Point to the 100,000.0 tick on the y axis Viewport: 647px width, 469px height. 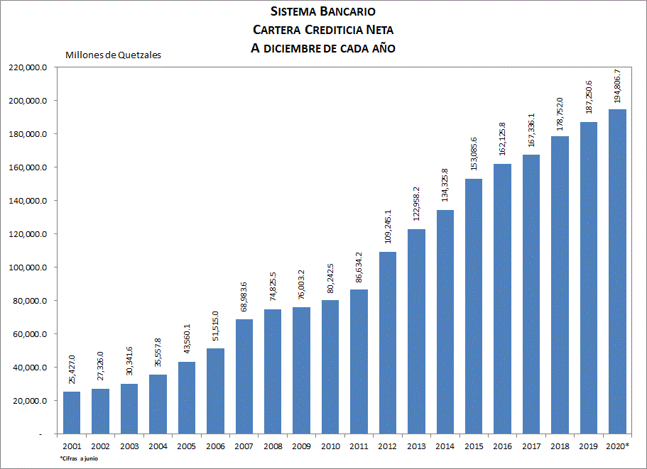[27, 267]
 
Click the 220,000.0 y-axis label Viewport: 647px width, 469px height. [27, 67]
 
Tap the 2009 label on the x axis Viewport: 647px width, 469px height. [302, 446]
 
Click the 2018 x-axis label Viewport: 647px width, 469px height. [560, 446]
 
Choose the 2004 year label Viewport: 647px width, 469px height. [158, 446]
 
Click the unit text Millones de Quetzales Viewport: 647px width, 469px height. [113, 55]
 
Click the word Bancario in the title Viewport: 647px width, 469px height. [348, 11]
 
